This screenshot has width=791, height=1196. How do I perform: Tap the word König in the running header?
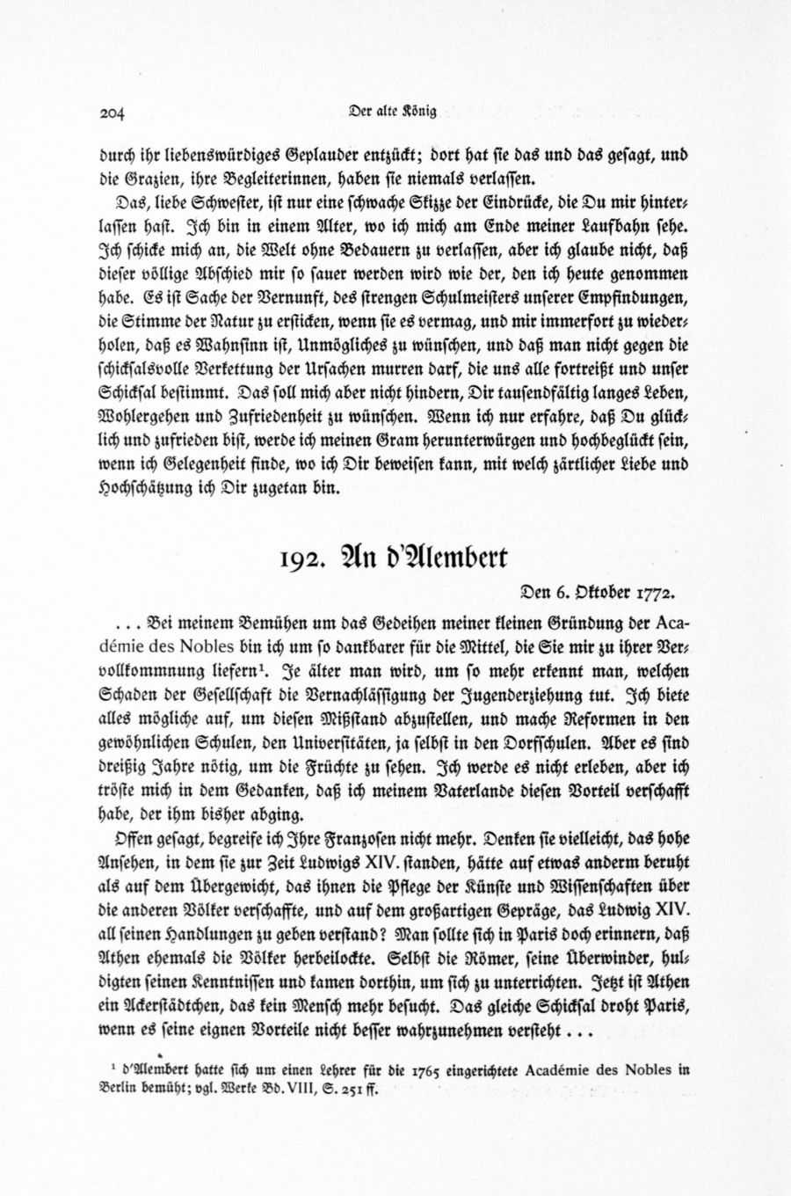(420, 111)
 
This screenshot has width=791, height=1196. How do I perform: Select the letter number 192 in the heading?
(305, 559)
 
